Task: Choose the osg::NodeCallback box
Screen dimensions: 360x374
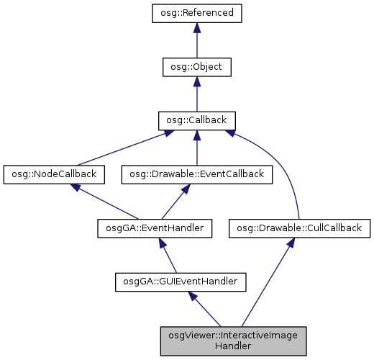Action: pyautogui.click(x=54, y=174)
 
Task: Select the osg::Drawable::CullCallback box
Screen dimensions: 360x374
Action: pyautogui.click(x=299, y=228)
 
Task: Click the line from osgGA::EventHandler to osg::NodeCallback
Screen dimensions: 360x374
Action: pyautogui.click(x=108, y=202)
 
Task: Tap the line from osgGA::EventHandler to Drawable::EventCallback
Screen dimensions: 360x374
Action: pyautogui.click(x=173, y=202)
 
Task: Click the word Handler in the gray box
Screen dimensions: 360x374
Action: pyautogui.click(x=233, y=346)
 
